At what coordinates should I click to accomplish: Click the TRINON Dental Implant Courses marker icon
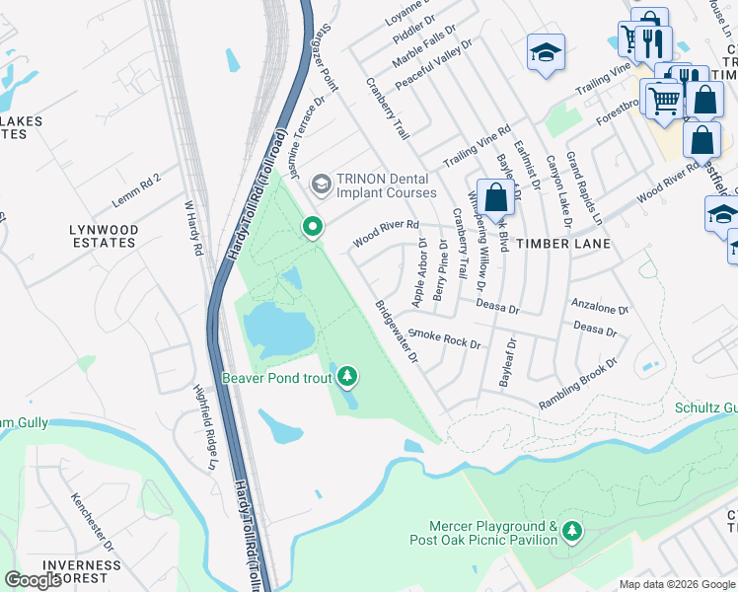(321, 184)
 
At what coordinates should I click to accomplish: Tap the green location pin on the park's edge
(313, 228)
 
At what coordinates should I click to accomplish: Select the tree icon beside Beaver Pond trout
(346, 377)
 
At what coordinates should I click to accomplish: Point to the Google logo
(34, 580)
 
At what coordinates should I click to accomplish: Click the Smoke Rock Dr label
(444, 339)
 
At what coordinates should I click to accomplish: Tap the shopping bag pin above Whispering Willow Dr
(495, 197)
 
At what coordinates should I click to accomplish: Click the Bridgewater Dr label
(396, 332)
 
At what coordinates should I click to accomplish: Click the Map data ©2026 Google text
(676, 584)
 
